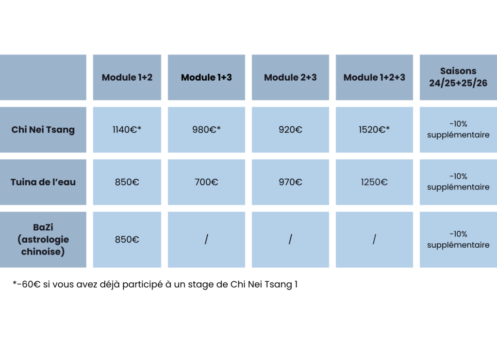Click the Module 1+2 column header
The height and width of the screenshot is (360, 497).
(x=127, y=77)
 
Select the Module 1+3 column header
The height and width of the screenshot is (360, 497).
(x=206, y=77)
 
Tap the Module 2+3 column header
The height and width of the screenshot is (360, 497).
(x=290, y=77)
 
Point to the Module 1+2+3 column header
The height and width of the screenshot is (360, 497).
(x=374, y=77)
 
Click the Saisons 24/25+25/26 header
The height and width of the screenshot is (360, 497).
(x=458, y=77)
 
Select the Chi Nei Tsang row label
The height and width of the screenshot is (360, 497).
(x=43, y=130)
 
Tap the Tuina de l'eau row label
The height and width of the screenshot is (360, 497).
(x=43, y=182)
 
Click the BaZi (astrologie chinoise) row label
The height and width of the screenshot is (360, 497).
(x=43, y=240)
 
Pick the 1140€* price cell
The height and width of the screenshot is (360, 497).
(x=127, y=130)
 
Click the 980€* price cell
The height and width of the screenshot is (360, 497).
(x=206, y=130)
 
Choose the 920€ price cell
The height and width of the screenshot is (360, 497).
(x=290, y=130)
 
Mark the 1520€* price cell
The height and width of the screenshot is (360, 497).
(x=374, y=130)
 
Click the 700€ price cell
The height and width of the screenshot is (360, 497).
(x=206, y=182)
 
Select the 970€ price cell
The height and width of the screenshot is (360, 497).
(x=290, y=182)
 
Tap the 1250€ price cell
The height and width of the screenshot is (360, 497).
(x=374, y=182)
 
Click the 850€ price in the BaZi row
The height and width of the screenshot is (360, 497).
(x=127, y=240)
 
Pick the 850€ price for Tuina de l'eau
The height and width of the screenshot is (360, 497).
(x=127, y=182)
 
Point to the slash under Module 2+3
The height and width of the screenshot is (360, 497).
(x=290, y=239)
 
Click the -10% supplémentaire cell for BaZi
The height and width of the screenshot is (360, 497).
(x=458, y=240)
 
